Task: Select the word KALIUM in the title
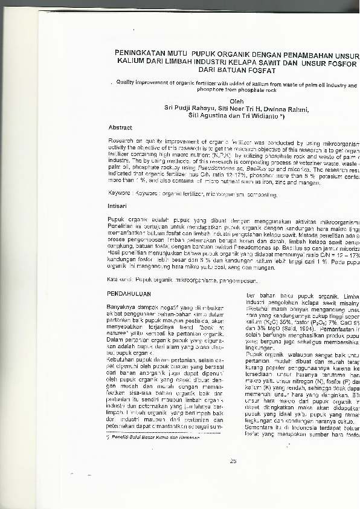tap(133, 63)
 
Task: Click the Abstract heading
tap(120, 128)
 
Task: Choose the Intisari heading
tap(118, 206)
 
